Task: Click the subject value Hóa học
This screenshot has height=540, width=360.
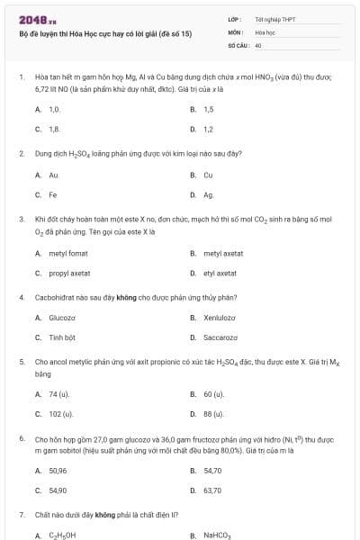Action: (265, 31)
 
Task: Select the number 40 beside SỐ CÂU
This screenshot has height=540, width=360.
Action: (258, 44)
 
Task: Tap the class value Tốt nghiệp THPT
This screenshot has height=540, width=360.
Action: (274, 18)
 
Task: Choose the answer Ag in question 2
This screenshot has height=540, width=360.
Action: (208, 194)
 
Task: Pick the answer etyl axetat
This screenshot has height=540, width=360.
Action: (220, 273)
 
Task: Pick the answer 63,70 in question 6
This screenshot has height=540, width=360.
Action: (212, 490)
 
